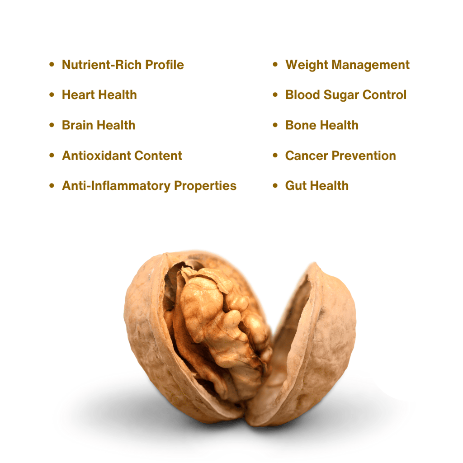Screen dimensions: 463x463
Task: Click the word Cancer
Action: click(x=306, y=156)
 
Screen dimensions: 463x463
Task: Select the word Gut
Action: click(x=295, y=186)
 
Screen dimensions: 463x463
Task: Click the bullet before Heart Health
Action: click(x=52, y=95)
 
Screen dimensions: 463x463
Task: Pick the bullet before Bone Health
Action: click(x=275, y=125)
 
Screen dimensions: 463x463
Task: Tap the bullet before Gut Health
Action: click(x=275, y=186)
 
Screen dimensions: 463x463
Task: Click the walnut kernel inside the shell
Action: click(x=217, y=317)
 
